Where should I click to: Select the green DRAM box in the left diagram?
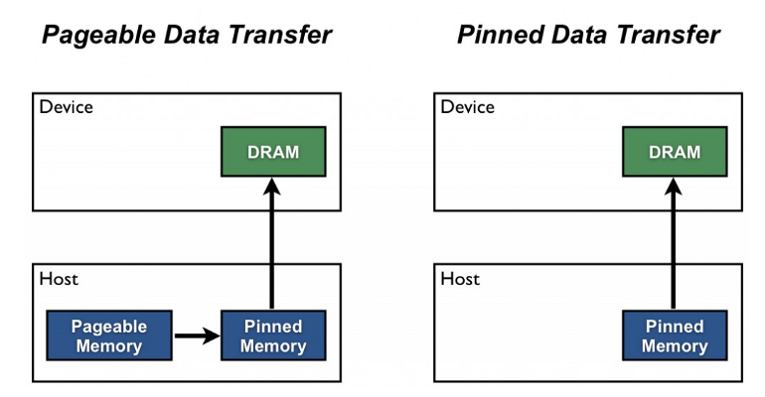coord(272,152)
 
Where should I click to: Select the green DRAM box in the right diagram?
coord(675,152)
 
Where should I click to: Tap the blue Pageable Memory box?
coord(108,336)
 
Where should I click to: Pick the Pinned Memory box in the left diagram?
coord(272,336)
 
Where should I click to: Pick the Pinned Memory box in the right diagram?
coord(675,336)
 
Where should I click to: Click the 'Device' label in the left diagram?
coord(66,107)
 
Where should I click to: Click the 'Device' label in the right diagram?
coord(467,107)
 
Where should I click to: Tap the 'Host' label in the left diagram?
coord(59,279)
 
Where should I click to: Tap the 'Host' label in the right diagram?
coord(460,279)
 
